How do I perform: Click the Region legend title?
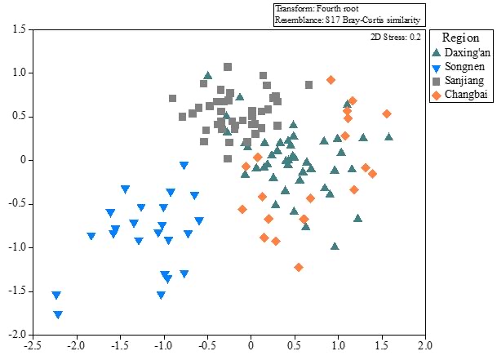pos(460,38)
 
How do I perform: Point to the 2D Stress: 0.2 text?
pos(395,36)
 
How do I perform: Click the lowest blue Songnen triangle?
pos(58,314)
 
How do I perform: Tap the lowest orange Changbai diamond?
pos(299,267)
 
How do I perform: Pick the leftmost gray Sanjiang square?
pos(173,98)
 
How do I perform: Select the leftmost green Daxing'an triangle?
pos(208,75)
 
